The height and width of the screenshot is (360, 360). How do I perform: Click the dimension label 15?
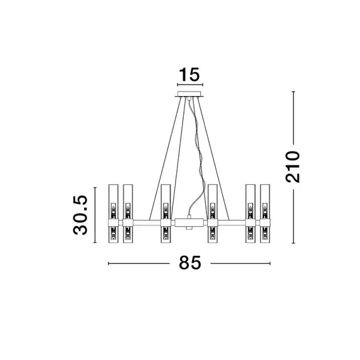(189, 75)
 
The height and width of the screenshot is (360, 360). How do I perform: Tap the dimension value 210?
(292, 167)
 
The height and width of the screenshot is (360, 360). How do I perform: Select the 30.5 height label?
(81, 215)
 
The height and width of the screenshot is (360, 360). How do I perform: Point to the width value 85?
(190, 263)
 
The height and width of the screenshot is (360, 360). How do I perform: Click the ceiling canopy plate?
(189, 94)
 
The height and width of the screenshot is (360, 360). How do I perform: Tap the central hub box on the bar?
(189, 222)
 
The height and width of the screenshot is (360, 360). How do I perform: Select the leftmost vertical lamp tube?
(113, 213)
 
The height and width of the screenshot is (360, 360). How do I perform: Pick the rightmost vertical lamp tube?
(265, 213)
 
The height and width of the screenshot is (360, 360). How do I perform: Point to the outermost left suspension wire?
(165, 159)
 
